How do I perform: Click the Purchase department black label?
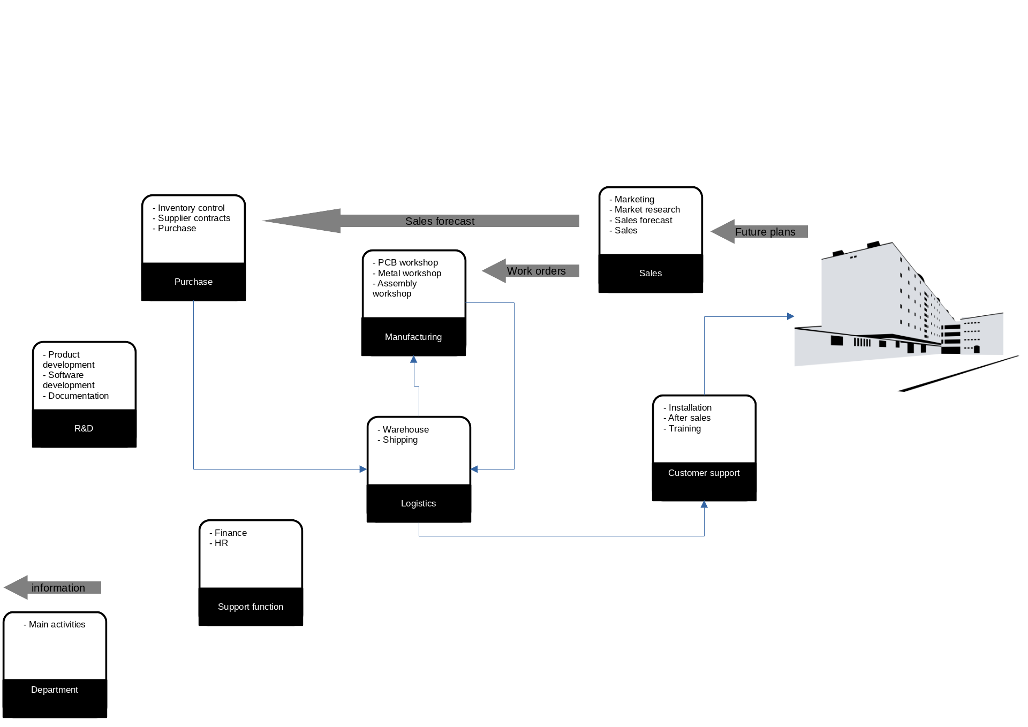coord(193,282)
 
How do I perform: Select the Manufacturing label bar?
coord(413,337)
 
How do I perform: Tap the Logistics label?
coord(418,503)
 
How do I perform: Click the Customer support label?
coord(704,473)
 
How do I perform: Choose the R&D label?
coord(84,428)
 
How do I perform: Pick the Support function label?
coord(250,607)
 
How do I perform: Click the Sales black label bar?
coord(650,273)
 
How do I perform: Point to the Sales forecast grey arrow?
coord(439,221)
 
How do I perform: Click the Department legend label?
coord(54,690)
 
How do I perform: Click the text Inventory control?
coord(191,208)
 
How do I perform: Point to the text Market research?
coord(647,209)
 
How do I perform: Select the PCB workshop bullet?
coord(407,262)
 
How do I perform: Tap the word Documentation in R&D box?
coord(78,396)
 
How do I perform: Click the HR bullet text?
coord(221,543)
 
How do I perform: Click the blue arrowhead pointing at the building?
coord(790,316)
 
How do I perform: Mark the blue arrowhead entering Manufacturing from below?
coord(413,360)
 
